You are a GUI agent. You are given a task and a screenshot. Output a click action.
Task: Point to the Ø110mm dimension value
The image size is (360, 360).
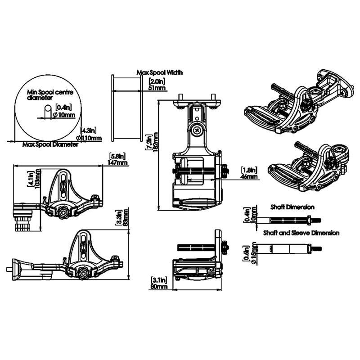pyautogui.click(x=89, y=138)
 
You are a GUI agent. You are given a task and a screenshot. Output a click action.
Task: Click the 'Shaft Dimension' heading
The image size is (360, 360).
pyautogui.click(x=293, y=207)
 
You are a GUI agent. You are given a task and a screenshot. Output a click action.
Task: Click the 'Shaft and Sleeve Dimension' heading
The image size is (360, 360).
pyautogui.click(x=301, y=233)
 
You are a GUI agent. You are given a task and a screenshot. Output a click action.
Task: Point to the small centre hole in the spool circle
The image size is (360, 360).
pyautogui.click(x=48, y=112)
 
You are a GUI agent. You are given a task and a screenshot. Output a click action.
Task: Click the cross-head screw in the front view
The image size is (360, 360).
pyautogui.click(x=198, y=130)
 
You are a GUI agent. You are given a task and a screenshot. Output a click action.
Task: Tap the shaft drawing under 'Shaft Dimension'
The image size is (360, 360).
pyautogui.click(x=292, y=220)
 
